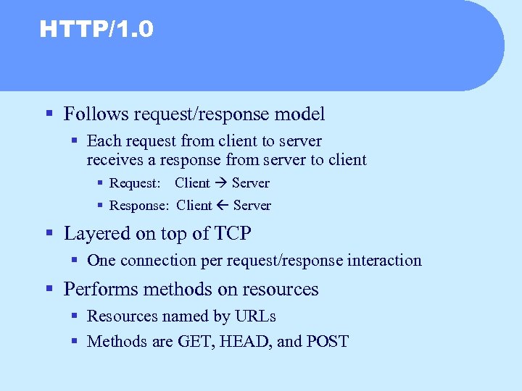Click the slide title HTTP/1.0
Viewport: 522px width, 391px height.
(x=96, y=30)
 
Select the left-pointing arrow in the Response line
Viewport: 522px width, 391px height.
(x=222, y=206)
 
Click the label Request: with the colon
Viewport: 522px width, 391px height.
(x=135, y=183)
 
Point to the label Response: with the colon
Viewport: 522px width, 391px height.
(x=139, y=206)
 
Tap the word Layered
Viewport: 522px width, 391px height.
(x=92, y=234)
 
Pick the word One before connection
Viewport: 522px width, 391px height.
(x=101, y=261)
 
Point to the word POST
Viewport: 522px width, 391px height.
(x=328, y=342)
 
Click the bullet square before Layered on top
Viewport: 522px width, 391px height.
(x=49, y=233)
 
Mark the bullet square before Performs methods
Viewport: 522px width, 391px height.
(x=49, y=289)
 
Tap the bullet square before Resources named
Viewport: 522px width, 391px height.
(x=75, y=316)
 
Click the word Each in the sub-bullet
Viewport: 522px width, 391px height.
(x=102, y=141)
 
